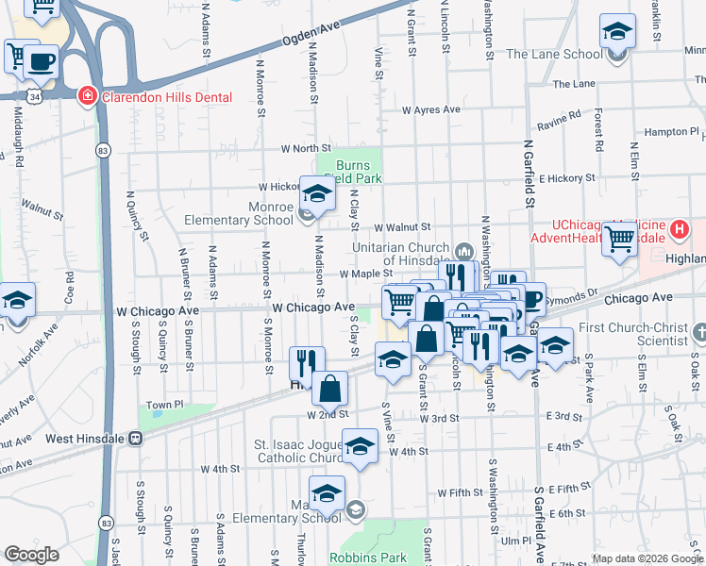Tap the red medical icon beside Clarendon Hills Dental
[x=87, y=95]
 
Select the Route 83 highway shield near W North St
[x=102, y=150]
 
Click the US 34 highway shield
[x=35, y=95]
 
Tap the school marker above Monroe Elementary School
[x=318, y=193]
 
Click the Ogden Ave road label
[x=310, y=42]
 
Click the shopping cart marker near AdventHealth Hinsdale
[x=619, y=238]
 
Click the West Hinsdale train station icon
[x=136, y=438]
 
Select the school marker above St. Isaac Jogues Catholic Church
[x=360, y=447]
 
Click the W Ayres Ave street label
[x=430, y=109]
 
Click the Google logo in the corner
[x=31, y=555]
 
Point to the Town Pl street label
[x=163, y=406]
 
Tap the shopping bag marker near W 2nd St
[x=330, y=387]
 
